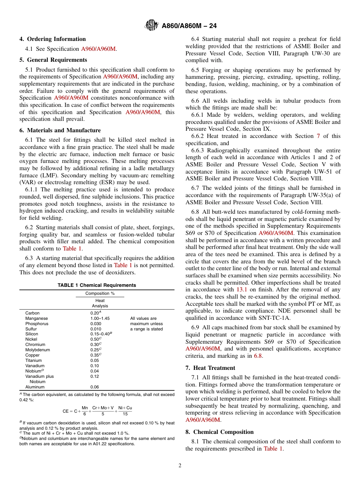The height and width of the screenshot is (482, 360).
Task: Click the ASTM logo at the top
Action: (152, 26)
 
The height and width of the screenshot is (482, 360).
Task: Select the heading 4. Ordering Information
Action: (53, 39)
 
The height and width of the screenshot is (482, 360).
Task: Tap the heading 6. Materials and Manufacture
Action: (60, 130)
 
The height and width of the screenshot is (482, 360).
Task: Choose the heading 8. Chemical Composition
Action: (219, 432)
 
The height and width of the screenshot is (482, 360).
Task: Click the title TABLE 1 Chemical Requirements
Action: (97, 285)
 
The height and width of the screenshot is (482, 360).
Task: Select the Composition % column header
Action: (100, 293)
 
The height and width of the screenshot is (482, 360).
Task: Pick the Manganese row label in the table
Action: (36, 319)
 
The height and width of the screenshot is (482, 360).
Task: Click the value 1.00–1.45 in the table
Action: (100, 319)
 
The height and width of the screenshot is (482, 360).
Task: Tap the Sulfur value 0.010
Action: (95, 329)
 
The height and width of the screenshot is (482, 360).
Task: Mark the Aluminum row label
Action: (35, 387)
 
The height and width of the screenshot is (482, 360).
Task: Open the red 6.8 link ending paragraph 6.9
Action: (258, 356)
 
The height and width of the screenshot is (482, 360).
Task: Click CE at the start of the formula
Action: (66, 411)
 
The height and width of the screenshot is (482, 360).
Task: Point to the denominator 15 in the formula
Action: (125, 414)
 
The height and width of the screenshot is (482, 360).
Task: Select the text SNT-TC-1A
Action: (275, 318)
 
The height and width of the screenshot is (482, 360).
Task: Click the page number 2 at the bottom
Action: (180, 466)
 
